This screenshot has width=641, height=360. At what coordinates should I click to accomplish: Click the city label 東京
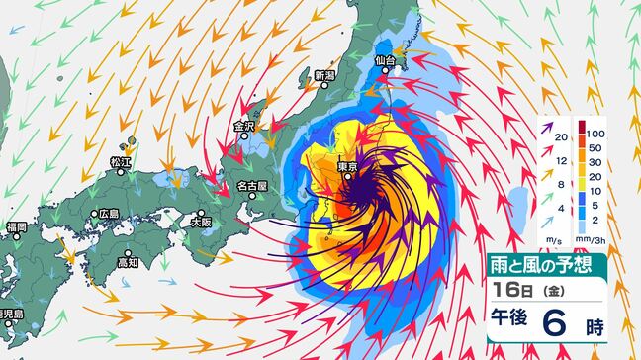coord(346,167)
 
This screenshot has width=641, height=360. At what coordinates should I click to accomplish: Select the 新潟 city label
coord(325,76)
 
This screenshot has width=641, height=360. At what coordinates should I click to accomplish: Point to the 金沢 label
coord(244,127)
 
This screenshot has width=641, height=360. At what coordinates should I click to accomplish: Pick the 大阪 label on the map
coord(201,222)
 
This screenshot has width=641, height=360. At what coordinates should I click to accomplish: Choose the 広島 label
coord(108,214)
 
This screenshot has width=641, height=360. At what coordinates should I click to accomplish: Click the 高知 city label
coord(127,262)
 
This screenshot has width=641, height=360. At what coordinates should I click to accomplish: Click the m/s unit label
coord(552,239)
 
